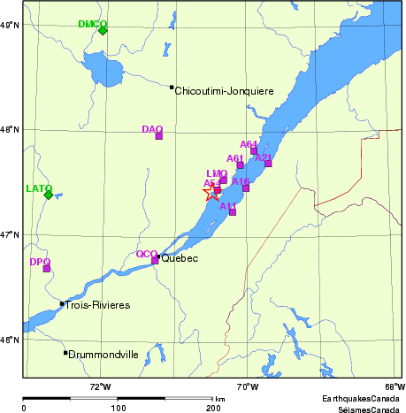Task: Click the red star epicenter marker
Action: [x=212, y=191]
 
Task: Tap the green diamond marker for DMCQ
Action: [x=103, y=30]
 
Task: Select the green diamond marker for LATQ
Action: [x=49, y=195]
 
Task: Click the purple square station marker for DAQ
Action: [x=159, y=135]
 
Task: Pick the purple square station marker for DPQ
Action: [x=47, y=268]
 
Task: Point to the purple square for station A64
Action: [x=254, y=150]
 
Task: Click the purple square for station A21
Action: [x=268, y=164]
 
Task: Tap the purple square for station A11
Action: [x=233, y=211]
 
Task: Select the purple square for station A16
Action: [x=246, y=187]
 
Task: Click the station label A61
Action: [x=234, y=158]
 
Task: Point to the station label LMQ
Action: [x=216, y=173]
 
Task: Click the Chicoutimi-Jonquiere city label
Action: [x=225, y=91]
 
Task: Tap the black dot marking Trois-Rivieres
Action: [x=62, y=304]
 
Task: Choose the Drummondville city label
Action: [x=104, y=354]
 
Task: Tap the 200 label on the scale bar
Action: [x=213, y=408]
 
